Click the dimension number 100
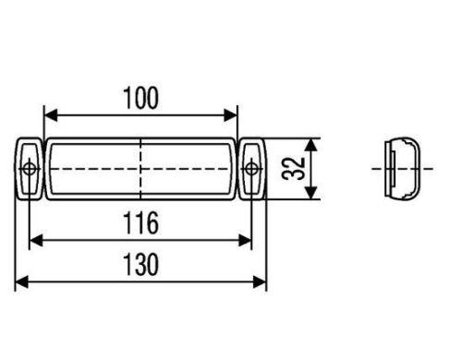140,98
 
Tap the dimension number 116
140,222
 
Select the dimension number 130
140,264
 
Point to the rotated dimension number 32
293,169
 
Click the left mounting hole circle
30,169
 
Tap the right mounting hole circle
251,169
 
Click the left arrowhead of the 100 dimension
51,115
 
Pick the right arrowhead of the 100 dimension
231,115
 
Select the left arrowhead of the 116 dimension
36,240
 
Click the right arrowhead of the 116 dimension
245,240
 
